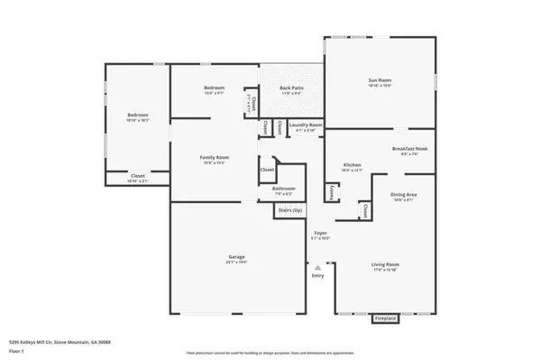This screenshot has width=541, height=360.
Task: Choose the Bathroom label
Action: (284, 189)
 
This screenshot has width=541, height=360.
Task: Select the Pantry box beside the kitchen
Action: (332, 191)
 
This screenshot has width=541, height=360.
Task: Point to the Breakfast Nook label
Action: (408, 149)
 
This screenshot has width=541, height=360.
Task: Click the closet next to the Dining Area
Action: (365, 209)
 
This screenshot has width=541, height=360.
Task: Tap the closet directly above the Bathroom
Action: (268, 169)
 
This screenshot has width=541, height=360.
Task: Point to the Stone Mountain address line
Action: (50, 344)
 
